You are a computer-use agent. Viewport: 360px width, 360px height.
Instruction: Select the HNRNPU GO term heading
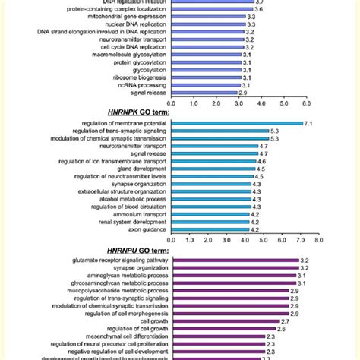[x=131, y=248]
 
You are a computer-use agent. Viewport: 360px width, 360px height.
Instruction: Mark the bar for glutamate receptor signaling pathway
[x=235, y=260]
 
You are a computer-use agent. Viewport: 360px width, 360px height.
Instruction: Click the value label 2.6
[x=281, y=328]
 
